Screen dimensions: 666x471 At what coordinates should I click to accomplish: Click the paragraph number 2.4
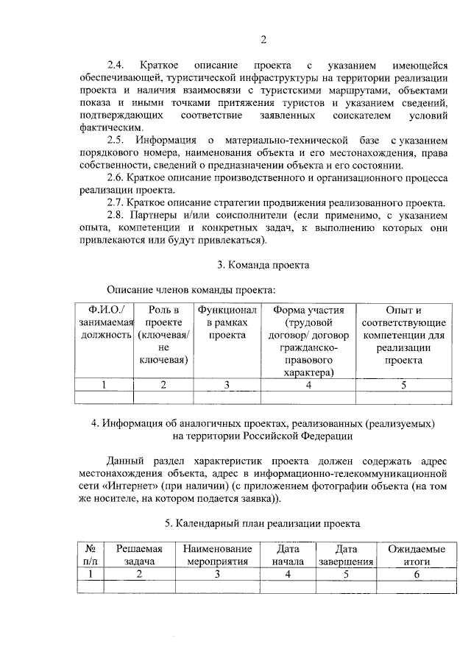[117, 65]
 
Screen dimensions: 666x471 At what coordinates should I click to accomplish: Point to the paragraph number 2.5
[117, 141]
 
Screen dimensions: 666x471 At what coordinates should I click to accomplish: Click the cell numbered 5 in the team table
[403, 384]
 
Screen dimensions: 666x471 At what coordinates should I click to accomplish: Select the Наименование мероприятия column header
[218, 554]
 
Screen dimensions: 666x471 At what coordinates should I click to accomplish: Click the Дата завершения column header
[346, 554]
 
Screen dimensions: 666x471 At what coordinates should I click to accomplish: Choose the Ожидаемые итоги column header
[416, 554]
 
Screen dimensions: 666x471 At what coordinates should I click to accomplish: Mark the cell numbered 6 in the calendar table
[416, 573]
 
